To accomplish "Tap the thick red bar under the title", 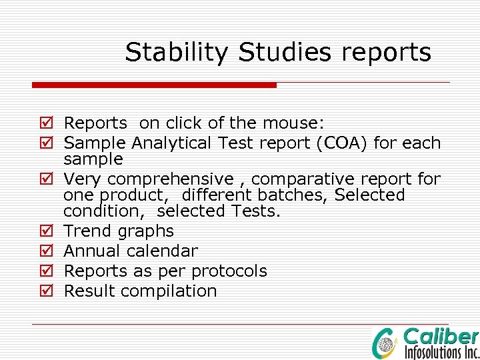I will point(154,85).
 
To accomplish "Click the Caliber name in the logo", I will point(441,336).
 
